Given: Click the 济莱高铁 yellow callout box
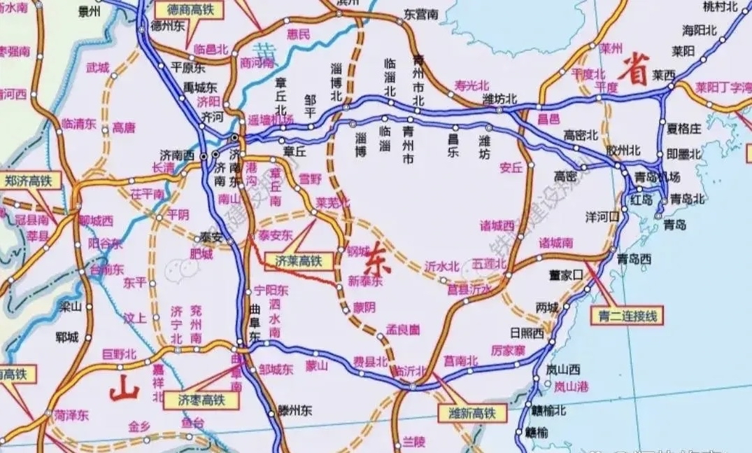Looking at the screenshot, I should pyautogui.click(x=293, y=261).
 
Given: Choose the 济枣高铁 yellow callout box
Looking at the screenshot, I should pyautogui.click(x=200, y=400).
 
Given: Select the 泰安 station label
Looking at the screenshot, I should pyautogui.click(x=211, y=238).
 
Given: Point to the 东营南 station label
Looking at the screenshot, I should pyautogui.click(x=421, y=14).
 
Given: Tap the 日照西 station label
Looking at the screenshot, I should pyautogui.click(x=527, y=333).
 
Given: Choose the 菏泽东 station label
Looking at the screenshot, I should pyautogui.click(x=72, y=416).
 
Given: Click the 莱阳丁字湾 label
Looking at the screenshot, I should pyautogui.click(x=723, y=89).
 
